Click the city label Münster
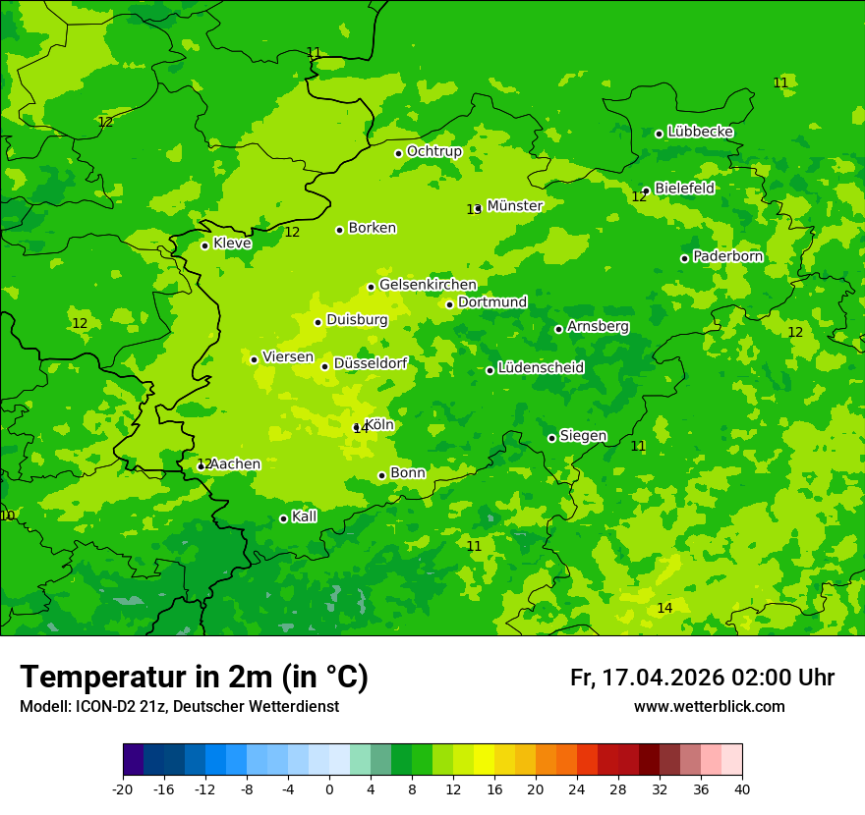[515, 206]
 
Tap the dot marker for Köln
[357, 427]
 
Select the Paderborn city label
[727, 256]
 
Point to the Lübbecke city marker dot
[659, 134]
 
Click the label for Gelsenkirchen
[428, 285]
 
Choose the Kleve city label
[232, 244]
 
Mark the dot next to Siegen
[551, 438]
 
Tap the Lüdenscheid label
[541, 368]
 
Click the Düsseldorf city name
[371, 363]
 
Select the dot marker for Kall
[283, 518]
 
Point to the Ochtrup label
[434, 151]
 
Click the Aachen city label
[236, 464]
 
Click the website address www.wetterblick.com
[709, 707]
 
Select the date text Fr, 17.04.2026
[647, 678]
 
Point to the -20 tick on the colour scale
[123, 788]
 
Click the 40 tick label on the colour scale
[742, 788]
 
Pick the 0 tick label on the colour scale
[329, 788]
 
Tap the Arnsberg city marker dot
[558, 329]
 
